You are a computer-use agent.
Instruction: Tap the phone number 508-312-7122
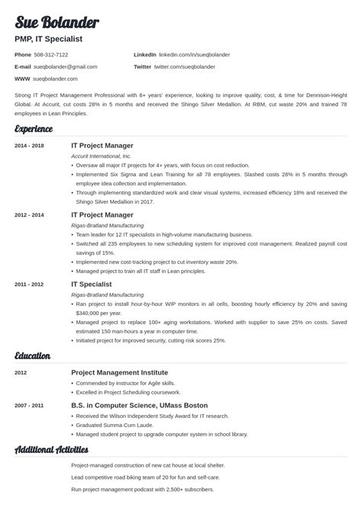point(52,55)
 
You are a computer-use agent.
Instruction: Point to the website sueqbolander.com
point(57,78)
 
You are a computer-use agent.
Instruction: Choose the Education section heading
point(33,355)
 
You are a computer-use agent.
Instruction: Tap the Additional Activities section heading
point(51,450)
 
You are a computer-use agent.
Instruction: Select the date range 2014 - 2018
point(29,145)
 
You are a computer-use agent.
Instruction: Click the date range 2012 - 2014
point(29,215)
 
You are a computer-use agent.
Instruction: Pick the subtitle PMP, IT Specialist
point(48,38)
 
